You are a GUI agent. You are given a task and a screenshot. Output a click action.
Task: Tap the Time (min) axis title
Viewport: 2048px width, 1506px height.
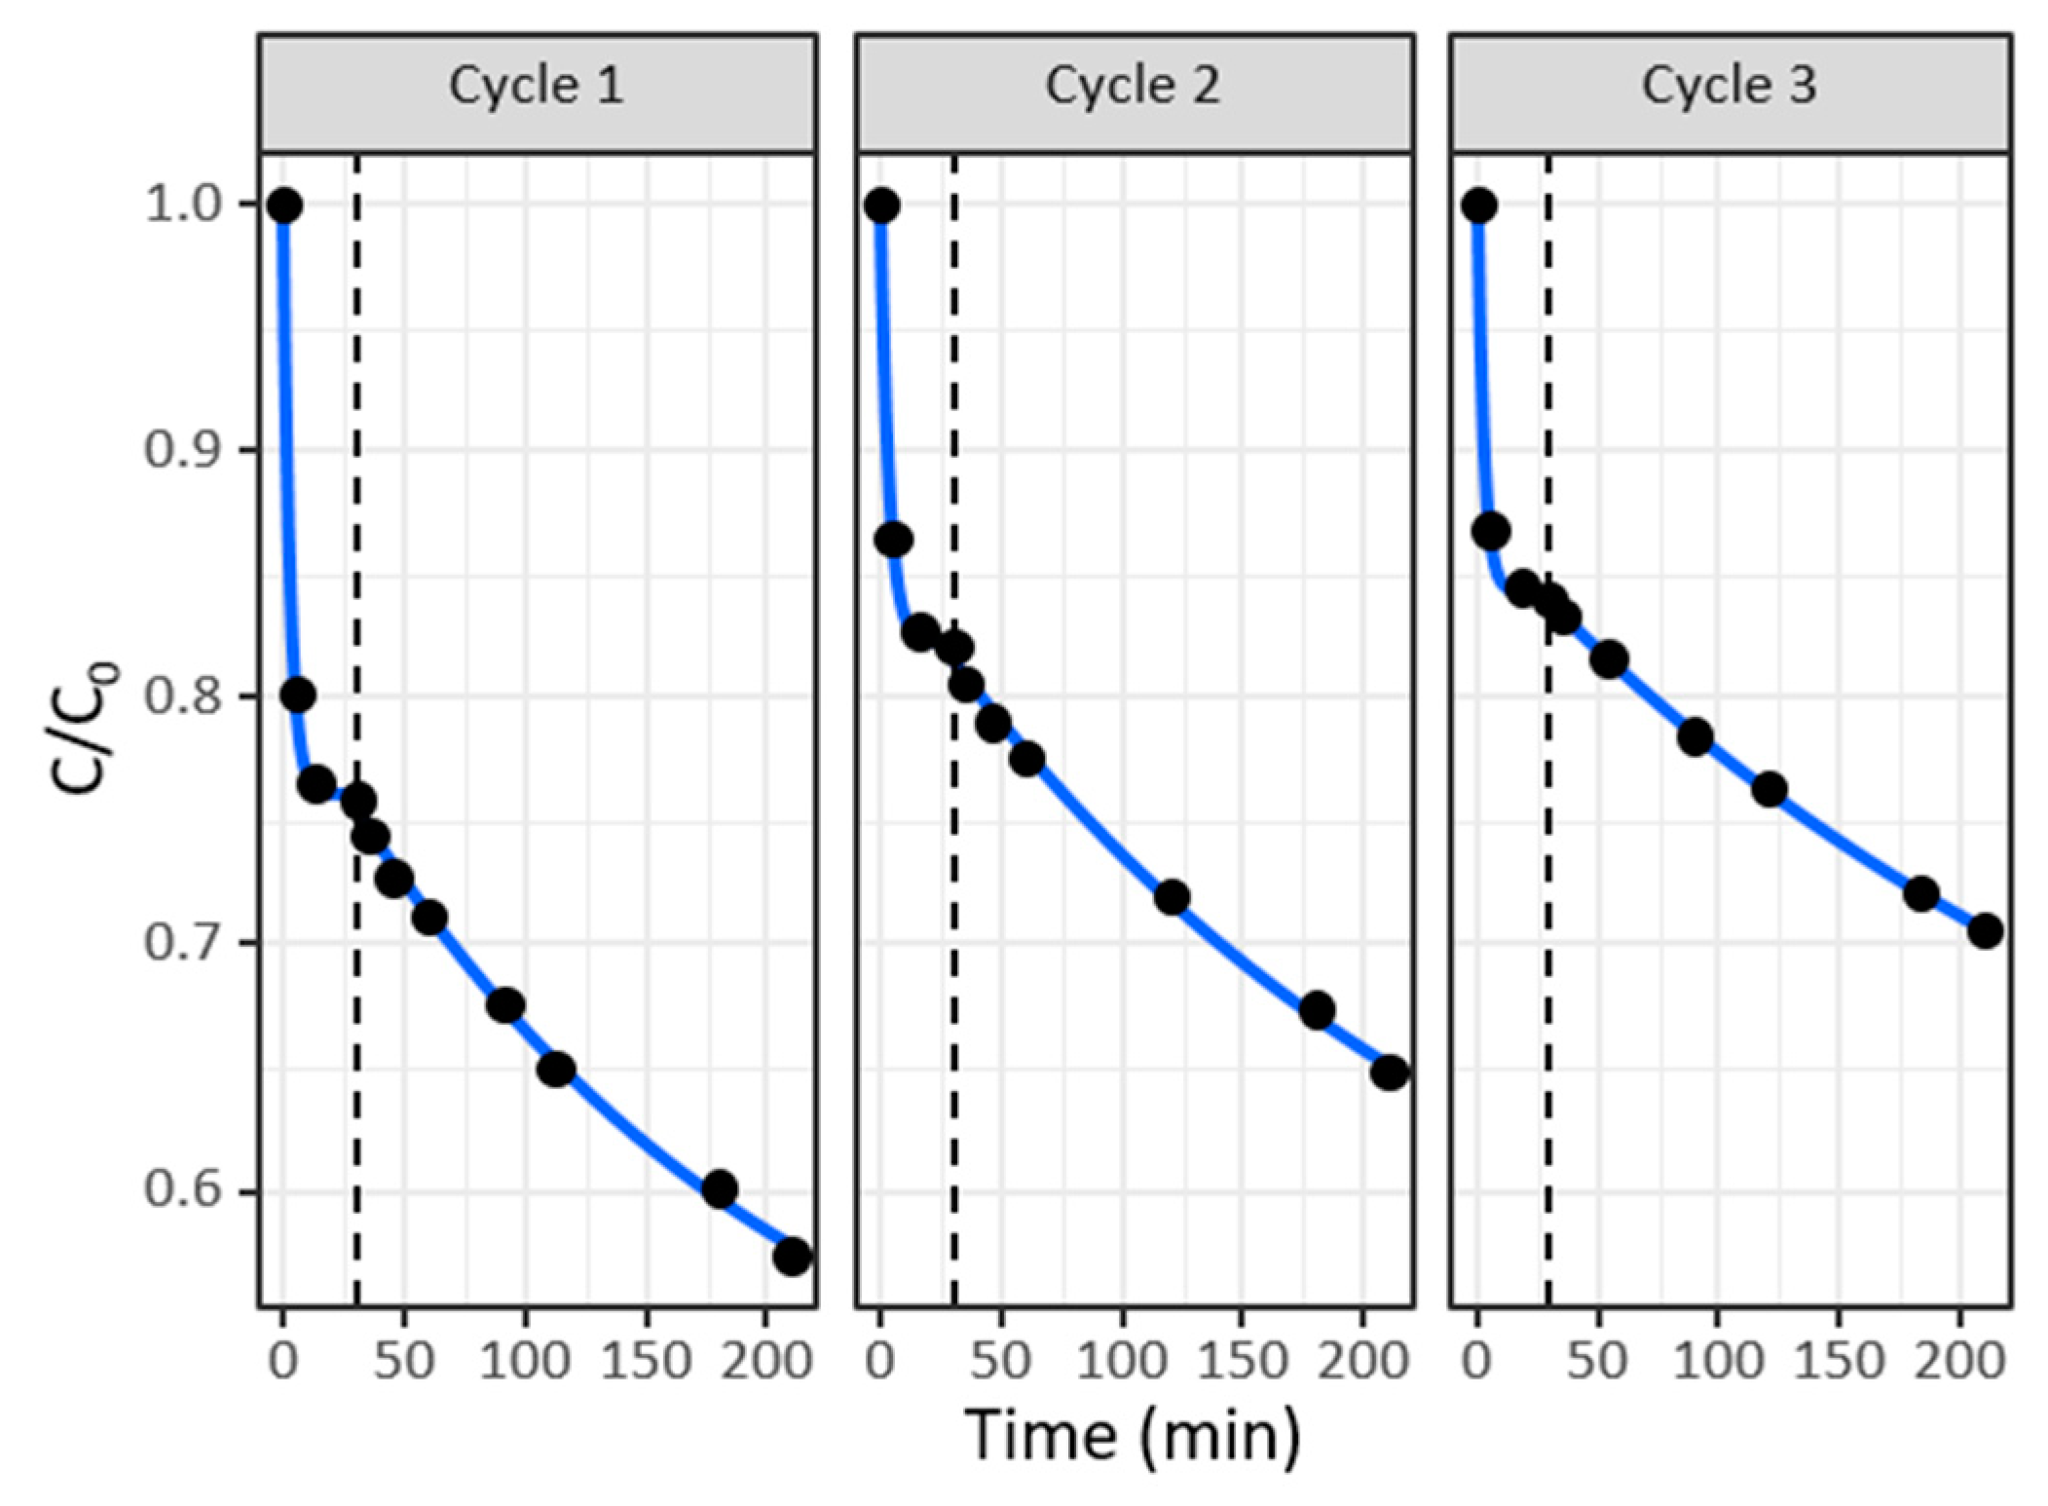click(1134, 1434)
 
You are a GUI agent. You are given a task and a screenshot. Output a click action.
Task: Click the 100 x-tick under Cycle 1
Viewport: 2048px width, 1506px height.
click(525, 1359)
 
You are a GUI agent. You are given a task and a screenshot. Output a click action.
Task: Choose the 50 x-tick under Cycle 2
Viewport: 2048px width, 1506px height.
click(1001, 1359)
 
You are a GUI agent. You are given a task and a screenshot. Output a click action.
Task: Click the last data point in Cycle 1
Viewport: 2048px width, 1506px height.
click(793, 1257)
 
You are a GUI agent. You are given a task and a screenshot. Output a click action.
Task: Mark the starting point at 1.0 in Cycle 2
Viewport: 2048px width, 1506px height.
click(882, 206)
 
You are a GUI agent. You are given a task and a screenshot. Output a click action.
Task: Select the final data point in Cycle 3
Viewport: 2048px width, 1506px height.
click(1985, 931)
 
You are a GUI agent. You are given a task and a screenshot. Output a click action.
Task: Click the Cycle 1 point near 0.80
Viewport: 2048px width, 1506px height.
click(298, 695)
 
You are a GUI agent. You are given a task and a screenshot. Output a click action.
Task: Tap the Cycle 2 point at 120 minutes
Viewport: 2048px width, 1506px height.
click(1172, 896)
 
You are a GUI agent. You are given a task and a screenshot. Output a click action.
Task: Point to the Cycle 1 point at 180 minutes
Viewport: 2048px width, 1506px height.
click(720, 1188)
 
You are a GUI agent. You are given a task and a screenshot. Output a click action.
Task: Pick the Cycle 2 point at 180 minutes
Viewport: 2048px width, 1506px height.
click(1317, 1010)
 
